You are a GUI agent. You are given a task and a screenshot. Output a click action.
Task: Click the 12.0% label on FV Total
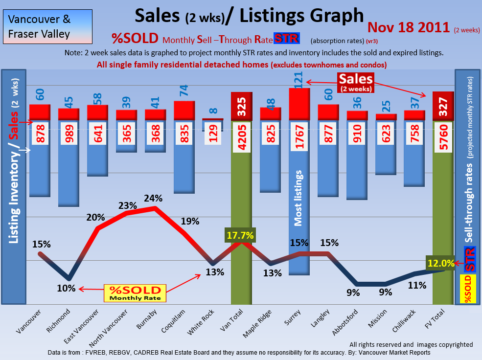(440, 263)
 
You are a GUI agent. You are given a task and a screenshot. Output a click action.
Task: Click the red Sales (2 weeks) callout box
(356, 82)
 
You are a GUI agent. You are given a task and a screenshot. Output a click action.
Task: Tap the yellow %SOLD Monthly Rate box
(135, 292)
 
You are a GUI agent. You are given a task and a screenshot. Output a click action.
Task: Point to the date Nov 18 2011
(409, 27)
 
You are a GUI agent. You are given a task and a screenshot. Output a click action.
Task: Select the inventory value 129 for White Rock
(212, 138)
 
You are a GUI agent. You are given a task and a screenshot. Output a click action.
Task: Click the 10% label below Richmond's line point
(66, 288)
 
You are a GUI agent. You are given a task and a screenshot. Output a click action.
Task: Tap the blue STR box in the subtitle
(287, 38)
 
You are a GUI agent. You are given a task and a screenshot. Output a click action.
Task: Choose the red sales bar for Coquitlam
(184, 110)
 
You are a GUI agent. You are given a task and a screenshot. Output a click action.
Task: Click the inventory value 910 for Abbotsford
(357, 138)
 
